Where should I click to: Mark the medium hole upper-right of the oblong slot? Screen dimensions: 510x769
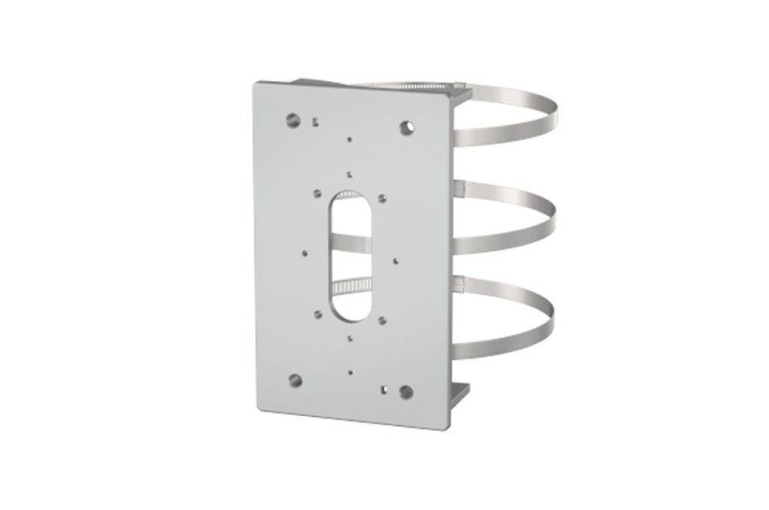click(x=382, y=198)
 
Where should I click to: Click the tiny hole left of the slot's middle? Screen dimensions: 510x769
click(x=304, y=251)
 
